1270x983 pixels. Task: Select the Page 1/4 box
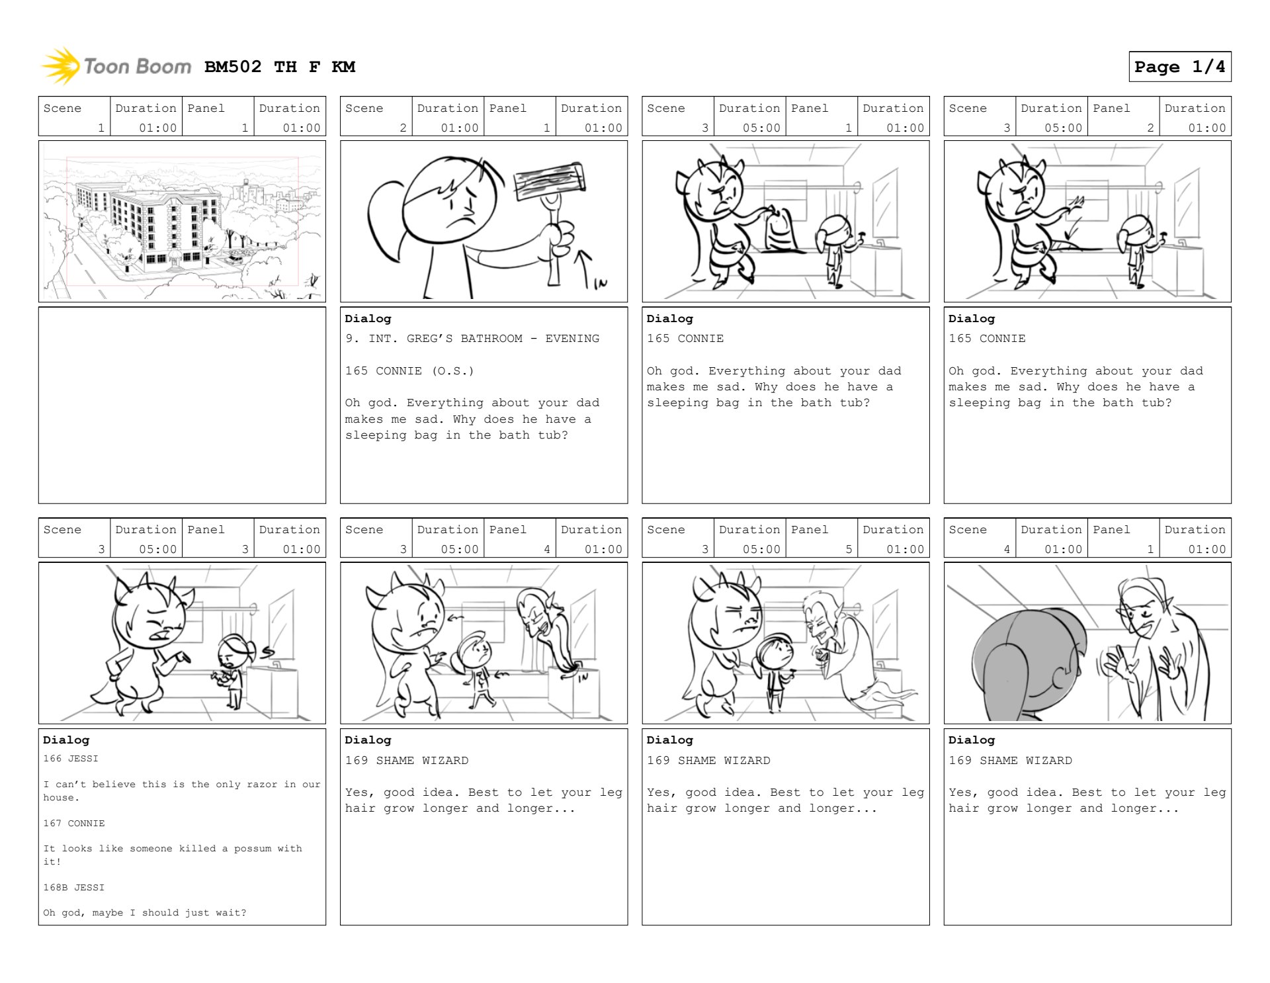point(1179,67)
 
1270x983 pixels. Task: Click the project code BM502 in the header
point(233,67)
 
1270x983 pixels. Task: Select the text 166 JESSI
point(71,759)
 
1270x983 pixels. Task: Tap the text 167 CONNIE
point(74,824)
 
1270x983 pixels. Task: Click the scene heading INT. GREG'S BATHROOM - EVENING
point(484,339)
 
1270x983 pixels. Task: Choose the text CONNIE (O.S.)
point(425,371)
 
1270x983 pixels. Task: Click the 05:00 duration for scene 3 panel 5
point(761,549)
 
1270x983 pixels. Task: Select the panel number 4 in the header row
point(547,549)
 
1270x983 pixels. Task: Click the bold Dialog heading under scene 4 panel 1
point(971,740)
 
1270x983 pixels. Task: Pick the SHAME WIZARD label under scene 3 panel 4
point(422,761)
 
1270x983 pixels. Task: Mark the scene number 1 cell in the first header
point(74,116)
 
